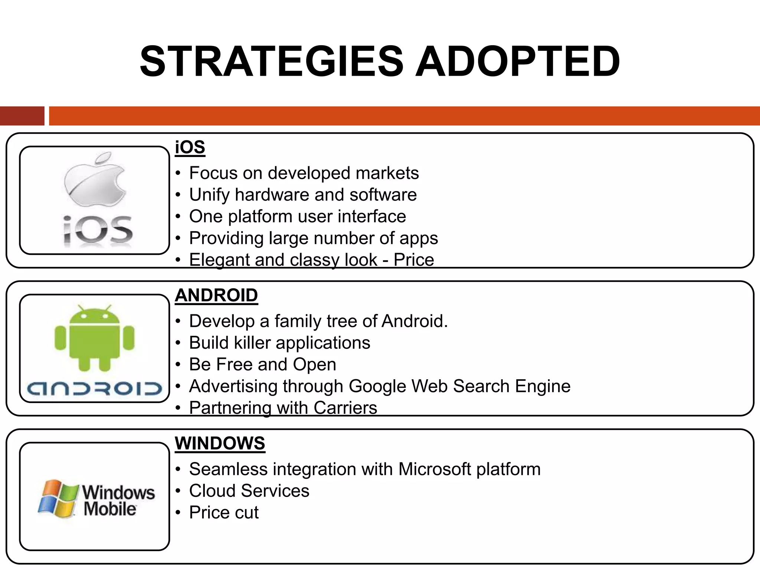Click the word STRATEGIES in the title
point(271,62)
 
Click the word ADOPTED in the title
point(517,62)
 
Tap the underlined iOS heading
point(190,147)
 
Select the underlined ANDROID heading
point(216,295)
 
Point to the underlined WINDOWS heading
point(220,443)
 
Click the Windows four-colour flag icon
point(58,498)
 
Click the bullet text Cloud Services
point(249,491)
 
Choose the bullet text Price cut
point(224,512)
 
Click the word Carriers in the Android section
point(345,408)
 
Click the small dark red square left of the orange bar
point(22,116)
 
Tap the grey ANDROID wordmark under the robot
point(95,388)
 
